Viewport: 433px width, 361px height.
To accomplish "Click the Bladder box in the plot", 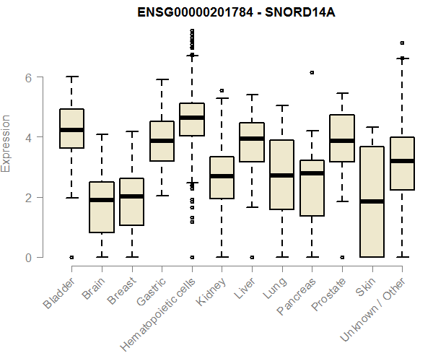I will (x=71, y=129).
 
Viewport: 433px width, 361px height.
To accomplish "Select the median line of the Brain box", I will (x=102, y=200).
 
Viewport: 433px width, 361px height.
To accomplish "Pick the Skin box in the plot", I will (x=372, y=202).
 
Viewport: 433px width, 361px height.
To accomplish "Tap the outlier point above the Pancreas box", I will (x=312, y=73).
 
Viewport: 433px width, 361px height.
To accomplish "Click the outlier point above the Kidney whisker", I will (x=222, y=91).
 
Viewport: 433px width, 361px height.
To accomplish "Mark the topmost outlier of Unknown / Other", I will (x=402, y=43).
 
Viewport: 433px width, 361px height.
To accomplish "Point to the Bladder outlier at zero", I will (x=71, y=257).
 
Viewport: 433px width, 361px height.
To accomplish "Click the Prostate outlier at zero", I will (x=342, y=257).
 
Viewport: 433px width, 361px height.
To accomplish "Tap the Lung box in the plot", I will (x=281, y=175).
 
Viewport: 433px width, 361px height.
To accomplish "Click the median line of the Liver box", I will (x=252, y=139).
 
